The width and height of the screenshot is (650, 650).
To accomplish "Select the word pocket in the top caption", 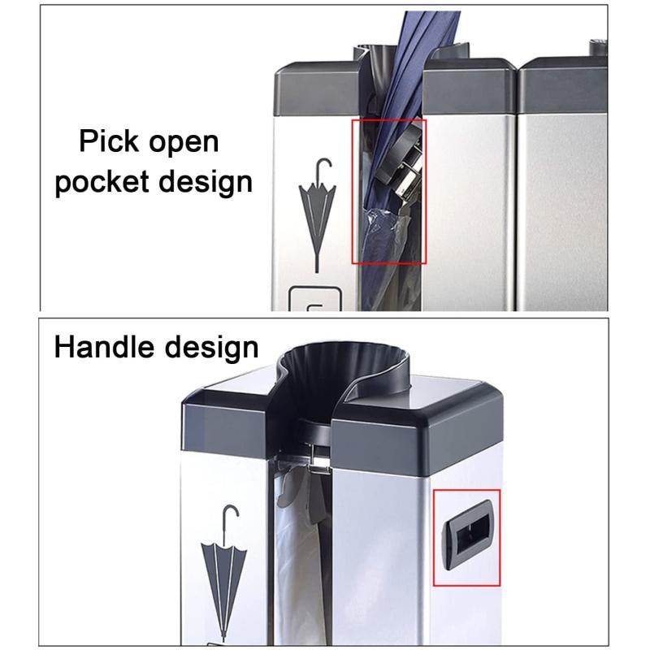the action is [102, 181].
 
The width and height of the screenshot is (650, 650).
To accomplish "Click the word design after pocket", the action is [206, 182].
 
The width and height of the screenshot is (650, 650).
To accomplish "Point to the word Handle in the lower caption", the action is [104, 347].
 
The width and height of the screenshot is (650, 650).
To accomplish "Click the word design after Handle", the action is [211, 348].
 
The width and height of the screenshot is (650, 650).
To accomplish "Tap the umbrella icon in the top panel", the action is [318, 214].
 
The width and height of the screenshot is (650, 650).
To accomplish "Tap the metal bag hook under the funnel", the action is [318, 458].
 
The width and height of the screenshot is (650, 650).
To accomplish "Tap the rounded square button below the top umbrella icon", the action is [315, 298].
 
